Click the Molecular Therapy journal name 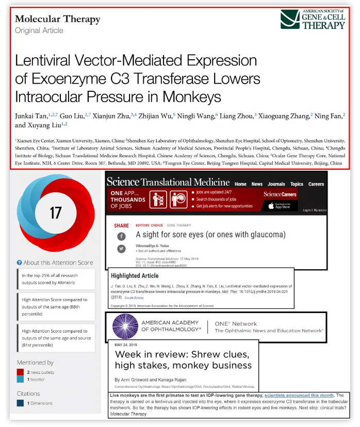[58, 20]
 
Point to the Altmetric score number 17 [55, 212]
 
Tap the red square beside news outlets [20, 372]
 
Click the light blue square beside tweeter [20, 380]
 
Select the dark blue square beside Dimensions [20, 403]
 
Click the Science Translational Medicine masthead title [168, 182]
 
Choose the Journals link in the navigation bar [276, 184]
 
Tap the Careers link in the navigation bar [316, 184]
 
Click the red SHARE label [121, 225]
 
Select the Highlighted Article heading [135, 275]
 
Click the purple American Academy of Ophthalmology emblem [122, 326]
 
